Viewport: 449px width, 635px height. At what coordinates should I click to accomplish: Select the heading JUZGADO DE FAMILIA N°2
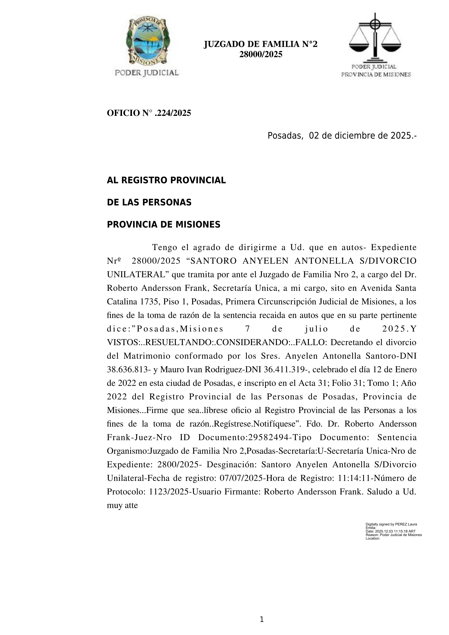(260, 44)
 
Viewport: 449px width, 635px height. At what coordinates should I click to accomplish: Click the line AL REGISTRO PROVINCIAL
(166, 180)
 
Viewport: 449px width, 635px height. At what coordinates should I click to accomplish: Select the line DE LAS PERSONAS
(149, 202)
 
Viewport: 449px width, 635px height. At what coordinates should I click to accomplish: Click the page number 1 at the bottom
(262, 619)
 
